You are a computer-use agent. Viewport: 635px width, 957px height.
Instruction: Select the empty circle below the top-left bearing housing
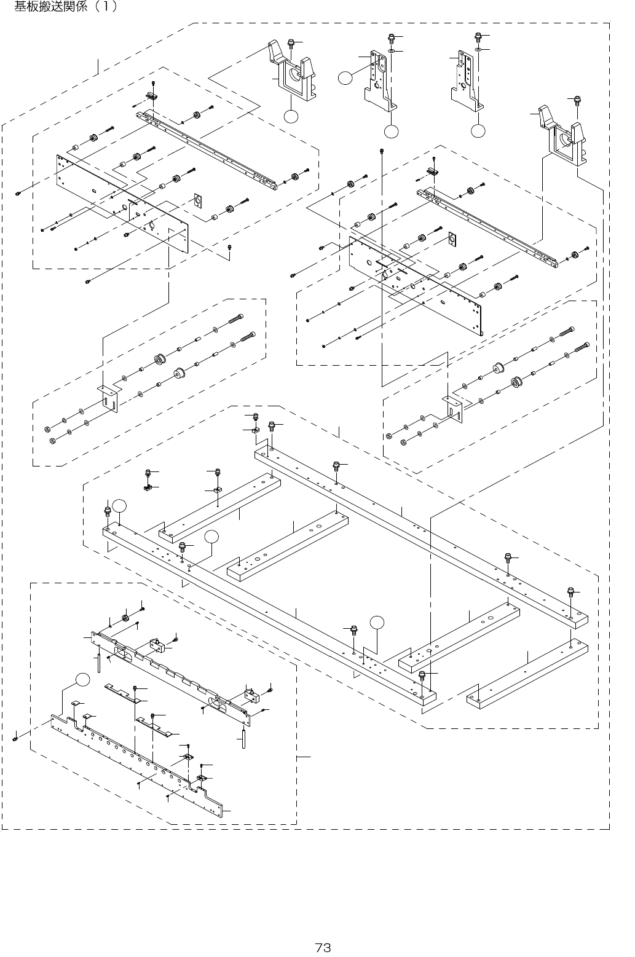(291, 116)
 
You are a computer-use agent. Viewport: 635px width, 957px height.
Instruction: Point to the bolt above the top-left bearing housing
(291, 42)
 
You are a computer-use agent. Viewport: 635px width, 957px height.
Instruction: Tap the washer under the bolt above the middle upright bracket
(391, 52)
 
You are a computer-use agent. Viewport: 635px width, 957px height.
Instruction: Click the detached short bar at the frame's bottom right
(527, 672)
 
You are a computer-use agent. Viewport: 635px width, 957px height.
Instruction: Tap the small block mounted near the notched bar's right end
(250, 695)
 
